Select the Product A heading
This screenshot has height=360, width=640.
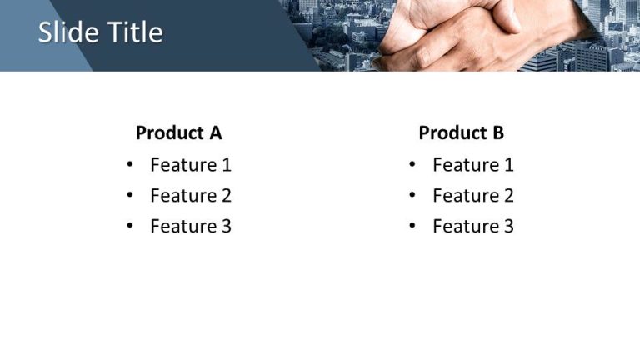click(178, 132)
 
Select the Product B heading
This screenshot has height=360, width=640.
click(461, 132)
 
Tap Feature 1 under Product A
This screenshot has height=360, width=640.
click(191, 165)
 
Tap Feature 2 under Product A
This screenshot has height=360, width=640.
click(191, 196)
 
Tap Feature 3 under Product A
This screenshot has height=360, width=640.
click(191, 226)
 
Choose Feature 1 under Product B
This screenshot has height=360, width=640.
click(473, 165)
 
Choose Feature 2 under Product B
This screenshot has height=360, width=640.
click(473, 196)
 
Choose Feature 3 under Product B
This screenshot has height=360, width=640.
click(473, 226)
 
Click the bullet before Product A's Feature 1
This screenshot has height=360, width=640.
click(130, 165)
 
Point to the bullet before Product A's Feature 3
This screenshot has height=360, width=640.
click(130, 226)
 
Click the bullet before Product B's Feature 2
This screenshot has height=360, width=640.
click(412, 196)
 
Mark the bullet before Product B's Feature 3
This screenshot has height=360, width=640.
click(412, 226)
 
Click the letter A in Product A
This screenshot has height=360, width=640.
click(216, 132)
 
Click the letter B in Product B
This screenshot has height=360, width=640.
click(498, 132)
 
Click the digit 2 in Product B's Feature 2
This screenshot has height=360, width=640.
click(508, 196)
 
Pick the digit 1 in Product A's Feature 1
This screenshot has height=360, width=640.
click(226, 165)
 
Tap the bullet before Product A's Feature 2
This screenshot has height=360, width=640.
click(130, 196)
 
